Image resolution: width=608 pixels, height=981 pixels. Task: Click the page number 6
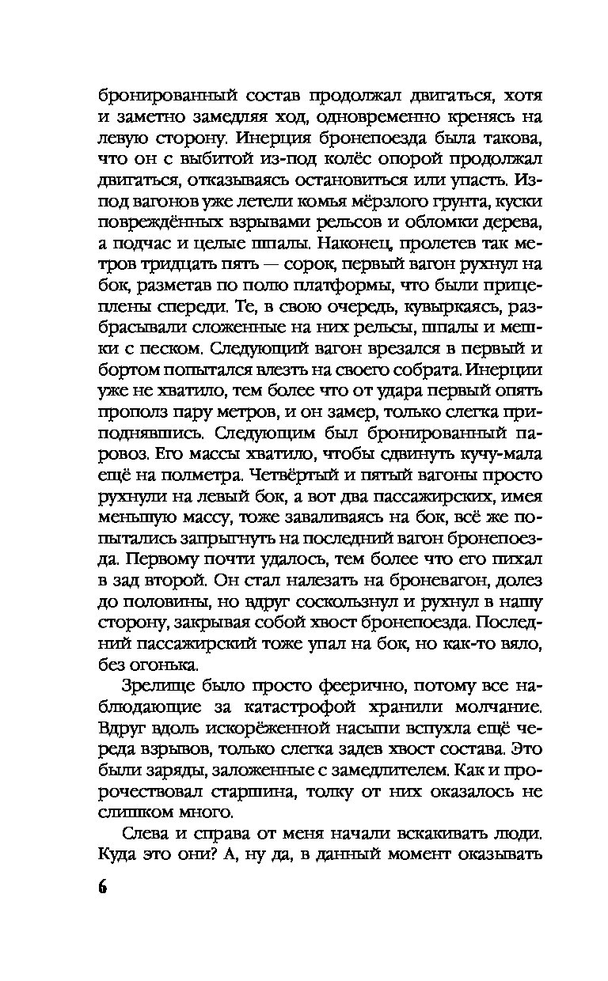pyautogui.click(x=104, y=888)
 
